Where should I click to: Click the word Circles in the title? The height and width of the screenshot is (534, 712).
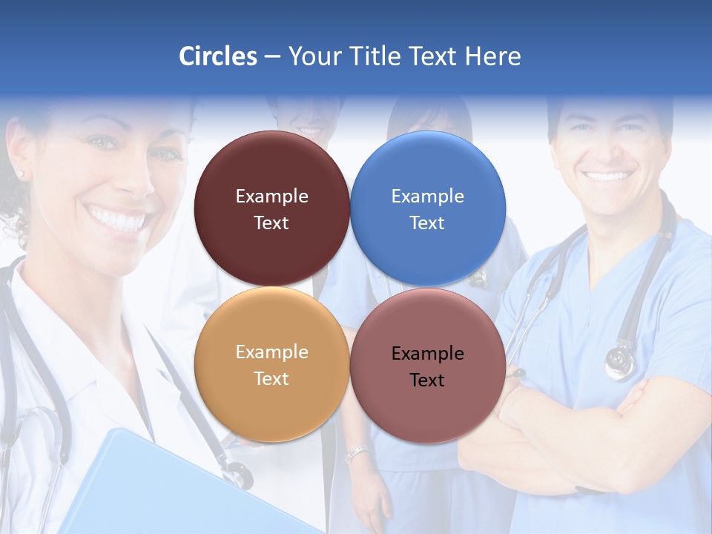tap(218, 56)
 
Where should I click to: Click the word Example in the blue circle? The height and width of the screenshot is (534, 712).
tap(428, 197)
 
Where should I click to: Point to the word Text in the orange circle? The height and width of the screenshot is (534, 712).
tap(271, 379)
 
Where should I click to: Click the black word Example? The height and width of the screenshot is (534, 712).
tap(428, 354)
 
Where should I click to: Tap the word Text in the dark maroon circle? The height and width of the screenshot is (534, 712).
tap(271, 223)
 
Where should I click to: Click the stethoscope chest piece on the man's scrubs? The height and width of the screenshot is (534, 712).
tap(620, 363)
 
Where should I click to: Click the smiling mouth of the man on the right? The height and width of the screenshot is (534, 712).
tap(607, 177)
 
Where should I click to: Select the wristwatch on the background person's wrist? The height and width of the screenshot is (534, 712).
tap(357, 453)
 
